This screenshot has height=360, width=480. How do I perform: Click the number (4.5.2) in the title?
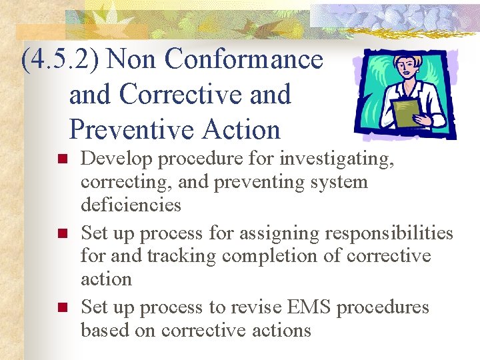61,60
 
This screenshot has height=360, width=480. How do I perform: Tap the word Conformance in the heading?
243,59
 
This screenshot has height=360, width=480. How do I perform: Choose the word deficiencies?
131,205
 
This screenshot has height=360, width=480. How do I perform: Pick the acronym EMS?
307,307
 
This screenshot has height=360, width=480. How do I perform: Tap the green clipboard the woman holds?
405,112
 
